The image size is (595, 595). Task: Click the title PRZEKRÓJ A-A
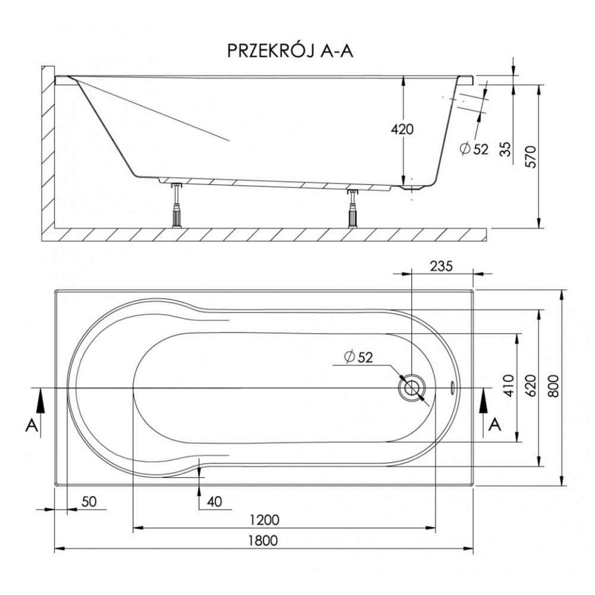[290, 50]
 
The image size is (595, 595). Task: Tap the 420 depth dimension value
[402, 129]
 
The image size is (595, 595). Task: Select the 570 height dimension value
[531, 156]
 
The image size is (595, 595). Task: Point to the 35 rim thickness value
[505, 149]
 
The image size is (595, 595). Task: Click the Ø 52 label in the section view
[474, 149]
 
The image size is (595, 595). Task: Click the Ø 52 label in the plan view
[359, 356]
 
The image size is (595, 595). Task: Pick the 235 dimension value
[441, 266]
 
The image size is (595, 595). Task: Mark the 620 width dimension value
[531, 386]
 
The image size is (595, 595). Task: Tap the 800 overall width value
[553, 386]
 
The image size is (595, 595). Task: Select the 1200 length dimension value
[265, 519]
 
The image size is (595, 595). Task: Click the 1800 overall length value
[262, 540]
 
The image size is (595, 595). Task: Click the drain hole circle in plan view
[412, 388]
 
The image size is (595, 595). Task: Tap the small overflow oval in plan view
[453, 388]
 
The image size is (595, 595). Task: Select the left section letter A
[32, 425]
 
